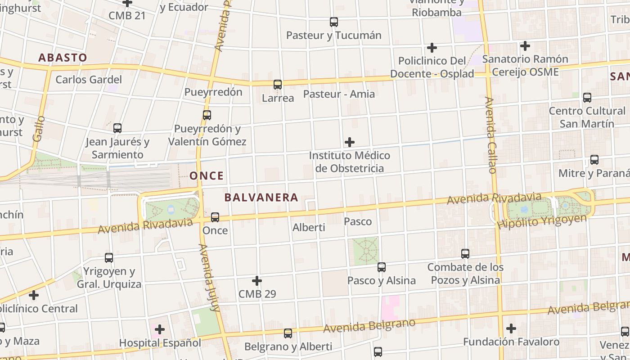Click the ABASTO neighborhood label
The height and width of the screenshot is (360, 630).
[63, 58]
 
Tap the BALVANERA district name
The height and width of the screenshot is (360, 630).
[261, 197]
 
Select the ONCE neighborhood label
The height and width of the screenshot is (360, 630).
[207, 175]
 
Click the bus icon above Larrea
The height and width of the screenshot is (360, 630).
[278, 84]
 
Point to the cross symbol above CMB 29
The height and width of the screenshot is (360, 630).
[257, 281]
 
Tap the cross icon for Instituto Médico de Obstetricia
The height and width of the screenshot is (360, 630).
[350, 143]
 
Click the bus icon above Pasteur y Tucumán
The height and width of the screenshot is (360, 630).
[334, 22]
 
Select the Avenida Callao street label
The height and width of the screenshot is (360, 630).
[491, 135]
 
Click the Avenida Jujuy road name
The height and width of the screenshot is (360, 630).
[209, 278]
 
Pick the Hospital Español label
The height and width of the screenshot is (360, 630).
[160, 343]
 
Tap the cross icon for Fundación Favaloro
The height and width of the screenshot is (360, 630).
[511, 328]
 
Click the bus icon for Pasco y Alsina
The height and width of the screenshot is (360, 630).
[382, 267]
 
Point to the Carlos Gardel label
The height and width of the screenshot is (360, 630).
[89, 80]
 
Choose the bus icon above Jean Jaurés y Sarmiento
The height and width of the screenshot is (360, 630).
[117, 128]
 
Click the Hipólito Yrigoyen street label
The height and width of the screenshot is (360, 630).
[542, 221]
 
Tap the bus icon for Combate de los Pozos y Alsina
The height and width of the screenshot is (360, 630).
[465, 254]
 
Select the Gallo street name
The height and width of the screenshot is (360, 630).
[39, 129]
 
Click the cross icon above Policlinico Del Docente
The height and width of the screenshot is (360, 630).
[432, 47]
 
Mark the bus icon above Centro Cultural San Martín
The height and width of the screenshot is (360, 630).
[587, 97]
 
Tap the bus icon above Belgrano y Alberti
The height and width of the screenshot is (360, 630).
[288, 333]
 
